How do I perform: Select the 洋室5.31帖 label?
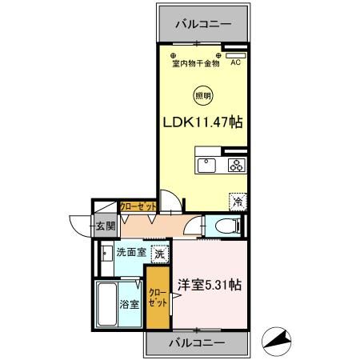[x=210, y=284]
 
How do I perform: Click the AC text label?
[x=236, y=63]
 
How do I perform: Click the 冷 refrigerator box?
[x=238, y=202]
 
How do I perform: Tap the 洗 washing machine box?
[x=160, y=254]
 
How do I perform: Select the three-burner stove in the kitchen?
[x=236, y=166]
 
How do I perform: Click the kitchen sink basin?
[x=206, y=166]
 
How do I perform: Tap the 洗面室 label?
[x=131, y=252]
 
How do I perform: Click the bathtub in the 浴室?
[x=107, y=304]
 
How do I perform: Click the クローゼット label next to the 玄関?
[x=137, y=206]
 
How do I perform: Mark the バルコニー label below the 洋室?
[x=197, y=344]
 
